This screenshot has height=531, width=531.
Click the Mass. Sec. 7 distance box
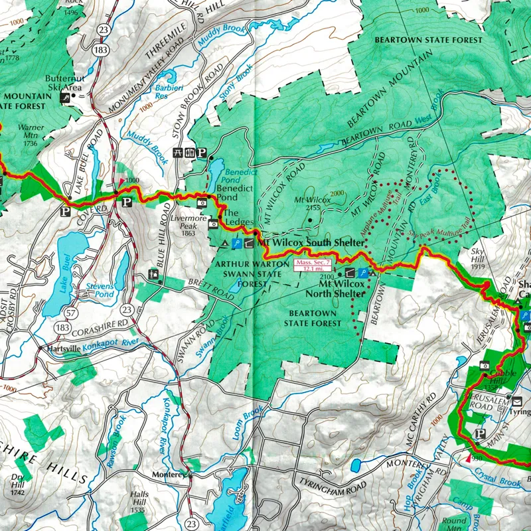307,266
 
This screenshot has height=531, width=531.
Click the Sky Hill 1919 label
479,256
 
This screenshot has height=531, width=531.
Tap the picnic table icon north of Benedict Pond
177,152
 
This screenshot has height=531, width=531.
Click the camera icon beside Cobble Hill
486,365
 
